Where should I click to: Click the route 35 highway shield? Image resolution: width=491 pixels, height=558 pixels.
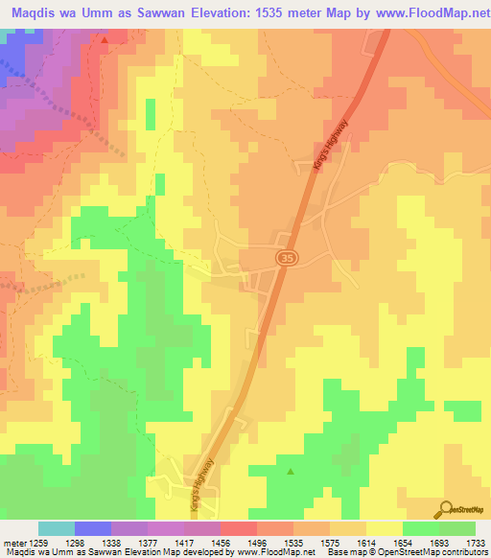click(285, 257)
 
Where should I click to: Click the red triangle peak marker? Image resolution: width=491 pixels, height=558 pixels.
click(105, 40)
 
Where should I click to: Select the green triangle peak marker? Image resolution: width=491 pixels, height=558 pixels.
click(291, 471)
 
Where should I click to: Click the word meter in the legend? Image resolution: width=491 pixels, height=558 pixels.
click(14, 543)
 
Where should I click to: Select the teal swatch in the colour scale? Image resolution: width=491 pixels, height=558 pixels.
click(57, 528)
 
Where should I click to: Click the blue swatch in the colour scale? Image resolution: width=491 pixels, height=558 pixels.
click(93, 528)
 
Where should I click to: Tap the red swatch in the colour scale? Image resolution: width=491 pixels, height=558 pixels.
click(238, 528)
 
